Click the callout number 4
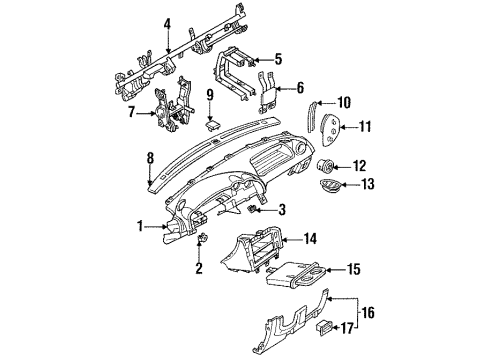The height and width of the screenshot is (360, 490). tap(167, 24)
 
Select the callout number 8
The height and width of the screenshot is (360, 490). tap(151, 158)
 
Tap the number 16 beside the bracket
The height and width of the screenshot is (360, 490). tap(368, 313)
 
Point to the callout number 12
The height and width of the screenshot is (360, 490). tap(359, 166)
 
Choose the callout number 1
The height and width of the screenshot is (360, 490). tap(140, 226)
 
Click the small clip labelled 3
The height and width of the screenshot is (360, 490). tap(253, 209)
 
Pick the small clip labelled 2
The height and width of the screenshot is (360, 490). tap(202, 238)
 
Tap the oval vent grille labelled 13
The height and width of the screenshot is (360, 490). tap(329, 185)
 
